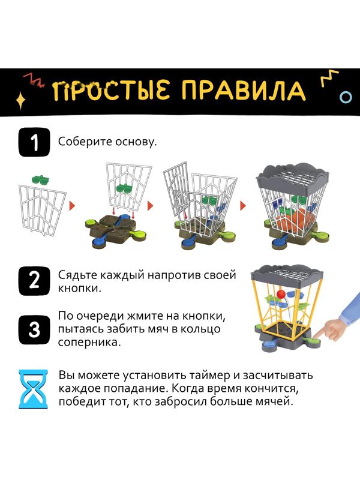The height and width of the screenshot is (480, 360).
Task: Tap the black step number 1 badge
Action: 34,143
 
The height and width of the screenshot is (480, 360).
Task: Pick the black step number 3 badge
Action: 34,328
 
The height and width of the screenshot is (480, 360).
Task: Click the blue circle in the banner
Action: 346,96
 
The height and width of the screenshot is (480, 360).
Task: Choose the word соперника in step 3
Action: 86,343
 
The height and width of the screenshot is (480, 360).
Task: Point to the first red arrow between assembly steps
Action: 72,206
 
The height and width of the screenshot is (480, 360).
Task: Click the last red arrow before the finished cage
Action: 243,206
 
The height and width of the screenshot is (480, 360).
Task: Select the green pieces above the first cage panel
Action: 41,178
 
